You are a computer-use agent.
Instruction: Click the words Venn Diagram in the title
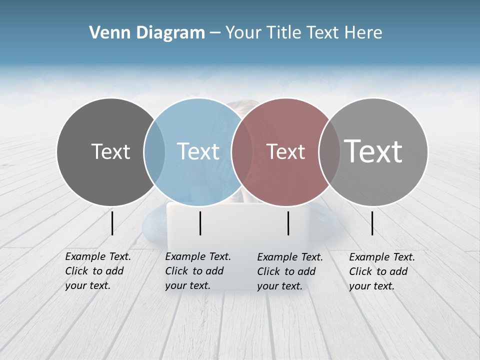point(147,33)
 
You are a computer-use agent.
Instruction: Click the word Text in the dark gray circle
point(111,151)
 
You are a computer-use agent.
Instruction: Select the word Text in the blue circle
point(198,151)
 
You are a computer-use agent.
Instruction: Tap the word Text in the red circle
point(286,151)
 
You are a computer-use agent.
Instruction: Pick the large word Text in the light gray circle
point(373,151)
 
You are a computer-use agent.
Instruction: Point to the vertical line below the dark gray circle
point(112,223)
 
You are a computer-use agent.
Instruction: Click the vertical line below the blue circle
point(200,223)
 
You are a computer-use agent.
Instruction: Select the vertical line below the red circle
point(288,223)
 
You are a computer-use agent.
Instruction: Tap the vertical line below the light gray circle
point(372,223)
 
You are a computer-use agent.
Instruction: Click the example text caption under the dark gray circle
point(98,271)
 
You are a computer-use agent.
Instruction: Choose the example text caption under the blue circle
point(198,271)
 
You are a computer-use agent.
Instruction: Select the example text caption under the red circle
point(290,271)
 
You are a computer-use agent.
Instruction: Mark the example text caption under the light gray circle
point(382,271)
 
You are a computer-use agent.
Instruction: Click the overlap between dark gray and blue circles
point(154,151)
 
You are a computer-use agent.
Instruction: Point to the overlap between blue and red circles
point(242,151)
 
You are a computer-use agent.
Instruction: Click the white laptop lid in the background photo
point(237,225)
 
